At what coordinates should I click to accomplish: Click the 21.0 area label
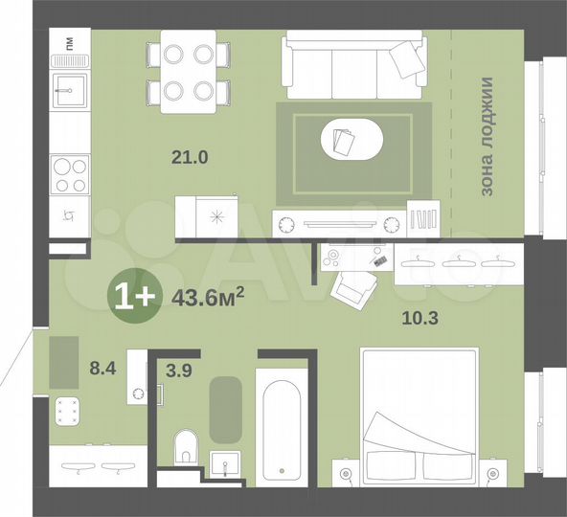[x=190, y=158]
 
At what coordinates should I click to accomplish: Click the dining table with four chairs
[x=189, y=72]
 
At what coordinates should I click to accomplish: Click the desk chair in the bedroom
[x=356, y=285]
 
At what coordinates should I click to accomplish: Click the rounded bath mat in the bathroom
[x=226, y=409]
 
